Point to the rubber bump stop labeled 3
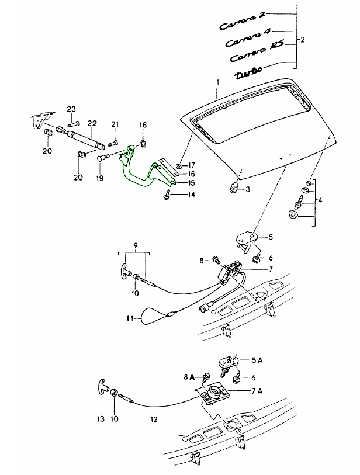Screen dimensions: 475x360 pyautogui.click(x=233, y=188)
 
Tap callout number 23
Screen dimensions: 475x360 pyautogui.click(x=71, y=109)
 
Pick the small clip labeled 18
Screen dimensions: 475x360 pyautogui.click(x=144, y=144)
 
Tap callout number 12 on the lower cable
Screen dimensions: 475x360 pyautogui.click(x=154, y=418)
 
